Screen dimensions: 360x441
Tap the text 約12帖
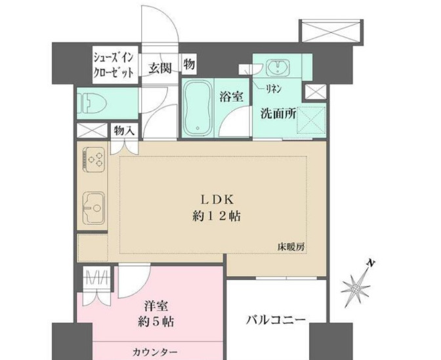pos(213,216)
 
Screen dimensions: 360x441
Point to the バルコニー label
pos(276,321)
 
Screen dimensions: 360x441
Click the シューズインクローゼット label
pos(114,64)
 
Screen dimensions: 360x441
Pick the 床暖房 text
pos(291,247)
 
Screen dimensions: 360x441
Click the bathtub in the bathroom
pos(197,108)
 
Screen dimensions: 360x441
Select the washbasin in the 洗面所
pos(278,68)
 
